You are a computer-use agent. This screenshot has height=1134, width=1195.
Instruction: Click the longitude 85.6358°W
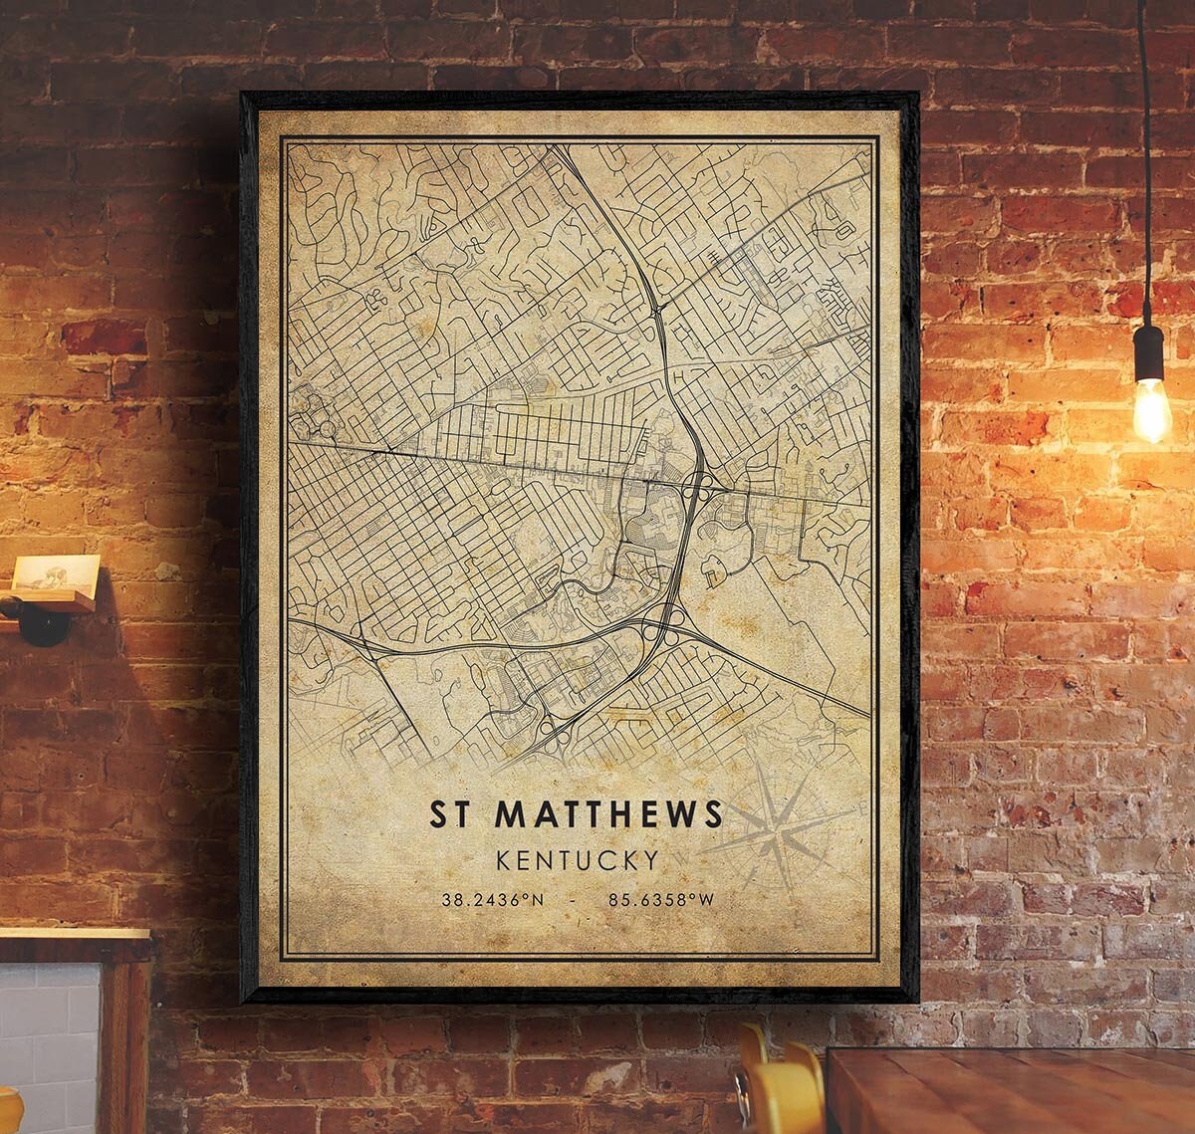[x=661, y=900]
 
